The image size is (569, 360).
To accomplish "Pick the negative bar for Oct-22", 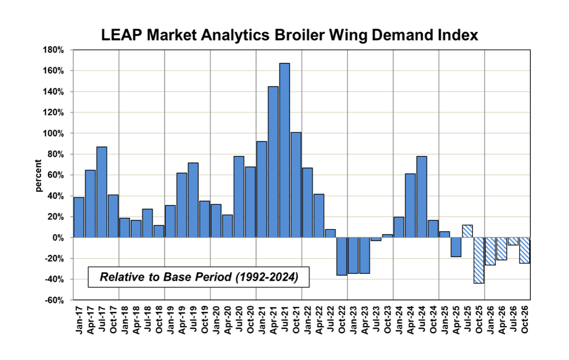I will click(342, 256).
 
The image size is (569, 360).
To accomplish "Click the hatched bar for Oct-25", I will click(479, 260).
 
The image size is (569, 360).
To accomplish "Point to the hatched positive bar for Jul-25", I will click(467, 231).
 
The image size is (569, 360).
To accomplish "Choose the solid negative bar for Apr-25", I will click(456, 247).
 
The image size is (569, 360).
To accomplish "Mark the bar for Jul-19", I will click(193, 200).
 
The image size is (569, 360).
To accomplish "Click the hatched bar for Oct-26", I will click(524, 250).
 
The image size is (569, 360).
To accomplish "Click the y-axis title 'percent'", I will click(38, 176).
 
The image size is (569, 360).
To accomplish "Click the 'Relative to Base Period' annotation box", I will click(199, 277).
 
